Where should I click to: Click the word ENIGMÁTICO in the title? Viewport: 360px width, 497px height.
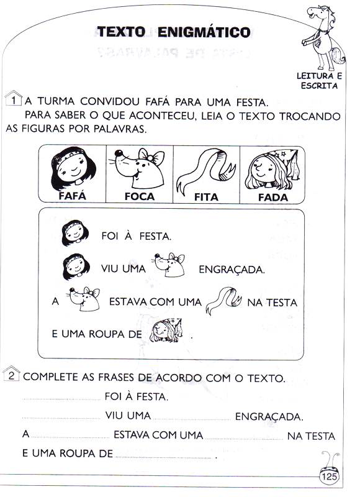(x=204, y=32)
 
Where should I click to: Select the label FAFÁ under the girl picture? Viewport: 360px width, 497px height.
(x=72, y=196)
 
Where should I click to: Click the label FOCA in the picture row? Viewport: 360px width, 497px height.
(x=140, y=196)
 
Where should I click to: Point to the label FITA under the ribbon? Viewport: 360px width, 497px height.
(x=206, y=197)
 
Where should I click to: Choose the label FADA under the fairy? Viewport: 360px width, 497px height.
(x=273, y=198)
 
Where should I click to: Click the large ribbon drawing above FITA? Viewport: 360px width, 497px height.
(x=207, y=168)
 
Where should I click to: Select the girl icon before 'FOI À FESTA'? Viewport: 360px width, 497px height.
(x=74, y=233)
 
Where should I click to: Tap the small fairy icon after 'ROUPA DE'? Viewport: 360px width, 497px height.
(x=166, y=331)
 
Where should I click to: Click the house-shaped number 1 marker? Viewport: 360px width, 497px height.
(x=13, y=99)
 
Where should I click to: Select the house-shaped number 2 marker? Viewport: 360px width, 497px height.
(x=11, y=374)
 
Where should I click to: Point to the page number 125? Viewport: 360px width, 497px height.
(x=330, y=476)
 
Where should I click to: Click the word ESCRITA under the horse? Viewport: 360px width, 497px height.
(x=320, y=86)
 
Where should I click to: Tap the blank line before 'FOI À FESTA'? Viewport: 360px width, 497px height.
(x=61, y=400)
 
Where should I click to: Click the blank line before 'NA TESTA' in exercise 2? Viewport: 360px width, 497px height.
(x=244, y=439)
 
